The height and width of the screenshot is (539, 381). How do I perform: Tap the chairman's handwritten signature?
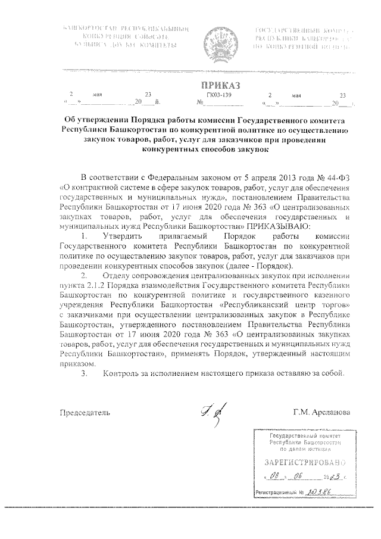tap(209, 411)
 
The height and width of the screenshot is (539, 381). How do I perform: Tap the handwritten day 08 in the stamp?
tap(274, 477)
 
